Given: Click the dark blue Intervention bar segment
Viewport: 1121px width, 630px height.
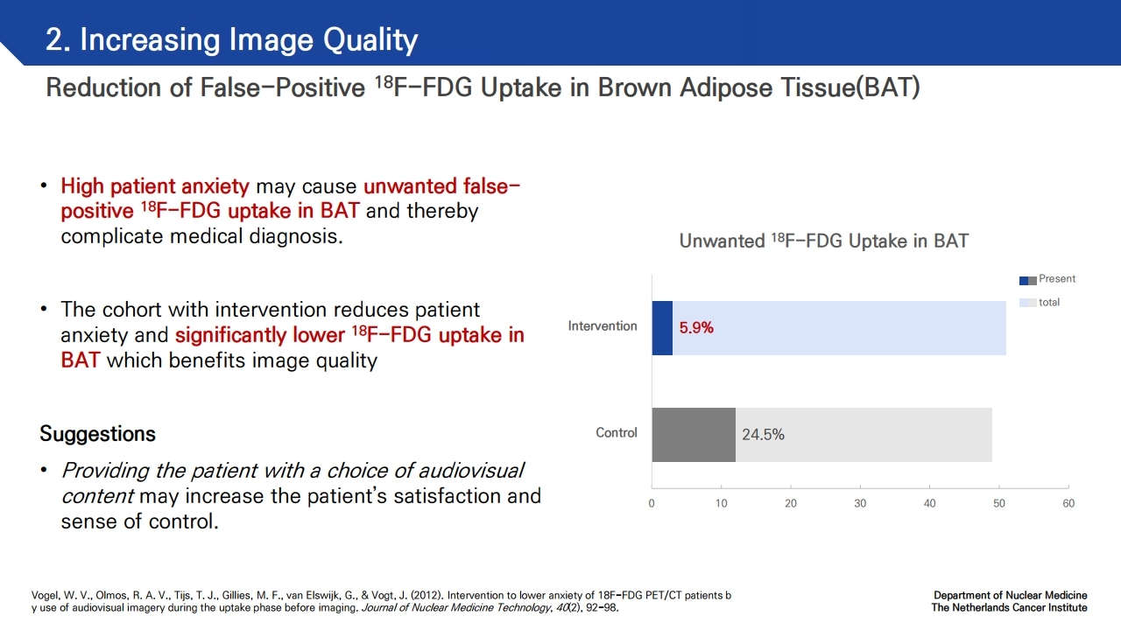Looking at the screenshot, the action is point(662,328).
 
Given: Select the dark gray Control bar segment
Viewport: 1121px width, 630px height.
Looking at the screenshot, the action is point(694,435).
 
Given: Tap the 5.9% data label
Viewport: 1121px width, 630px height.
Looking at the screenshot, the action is point(696,328).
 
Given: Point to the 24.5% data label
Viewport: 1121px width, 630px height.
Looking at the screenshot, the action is point(763,435).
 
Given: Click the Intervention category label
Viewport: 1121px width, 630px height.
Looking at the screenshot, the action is point(603,326).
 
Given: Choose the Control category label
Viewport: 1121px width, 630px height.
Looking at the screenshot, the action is point(616,432).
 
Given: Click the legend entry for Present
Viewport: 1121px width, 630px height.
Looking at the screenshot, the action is point(1047,279).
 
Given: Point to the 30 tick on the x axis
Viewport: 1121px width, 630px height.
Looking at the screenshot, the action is point(860,503).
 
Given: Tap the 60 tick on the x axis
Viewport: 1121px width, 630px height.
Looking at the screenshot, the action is point(1068,503).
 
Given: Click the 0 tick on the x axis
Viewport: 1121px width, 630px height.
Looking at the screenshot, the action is point(652,503).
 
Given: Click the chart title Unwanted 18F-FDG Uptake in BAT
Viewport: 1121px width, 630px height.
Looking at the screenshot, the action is point(824,241).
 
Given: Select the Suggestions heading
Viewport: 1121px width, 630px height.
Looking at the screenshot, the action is point(97,433).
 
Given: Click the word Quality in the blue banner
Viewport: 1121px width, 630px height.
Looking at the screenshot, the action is point(370,40).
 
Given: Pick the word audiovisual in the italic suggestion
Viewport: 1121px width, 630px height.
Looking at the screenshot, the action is point(471,471).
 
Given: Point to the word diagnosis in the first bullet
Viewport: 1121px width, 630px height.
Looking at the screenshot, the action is point(296,236).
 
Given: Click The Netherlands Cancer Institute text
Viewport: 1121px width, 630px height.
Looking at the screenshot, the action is point(1009,607).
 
